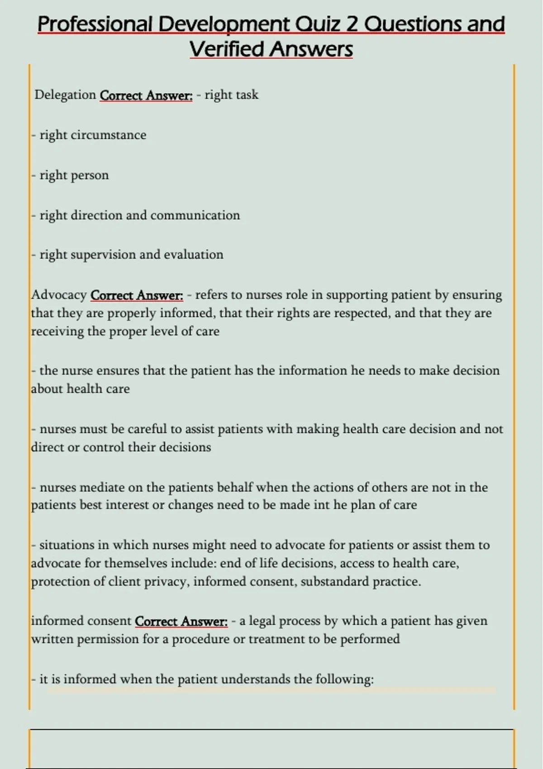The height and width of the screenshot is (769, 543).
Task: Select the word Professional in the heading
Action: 96,24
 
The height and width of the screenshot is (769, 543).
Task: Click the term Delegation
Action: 65,95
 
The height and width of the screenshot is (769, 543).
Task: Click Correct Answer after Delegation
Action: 146,95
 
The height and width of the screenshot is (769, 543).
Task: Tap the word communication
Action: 195,215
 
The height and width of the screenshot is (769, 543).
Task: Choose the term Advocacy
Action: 59,295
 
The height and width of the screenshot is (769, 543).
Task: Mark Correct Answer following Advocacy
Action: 137,295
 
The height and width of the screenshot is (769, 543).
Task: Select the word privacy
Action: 166,581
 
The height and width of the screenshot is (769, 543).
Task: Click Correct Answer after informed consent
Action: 181,621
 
